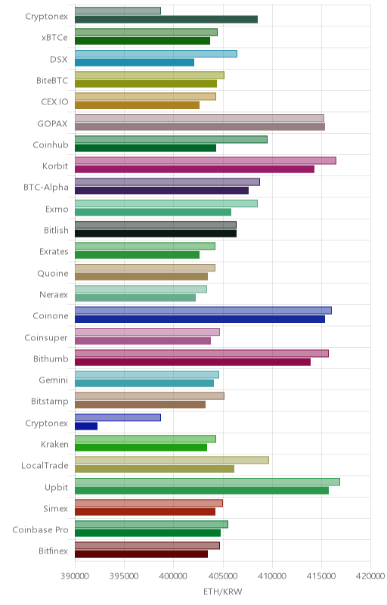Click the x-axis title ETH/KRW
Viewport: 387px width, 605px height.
point(222,591)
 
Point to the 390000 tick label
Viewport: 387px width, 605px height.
point(75,576)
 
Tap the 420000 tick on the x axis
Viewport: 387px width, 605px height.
point(370,576)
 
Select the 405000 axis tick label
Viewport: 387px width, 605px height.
point(223,576)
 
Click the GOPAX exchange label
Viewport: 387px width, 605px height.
point(52,123)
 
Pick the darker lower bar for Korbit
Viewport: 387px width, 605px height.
point(194,169)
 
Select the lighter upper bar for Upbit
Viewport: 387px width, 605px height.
point(207,482)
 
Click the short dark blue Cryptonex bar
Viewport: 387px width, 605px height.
point(86,426)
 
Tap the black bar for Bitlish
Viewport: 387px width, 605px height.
point(156,234)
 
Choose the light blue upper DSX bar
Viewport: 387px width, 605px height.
point(156,54)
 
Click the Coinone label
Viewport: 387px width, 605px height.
point(51,315)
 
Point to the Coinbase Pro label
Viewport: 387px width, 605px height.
point(41,530)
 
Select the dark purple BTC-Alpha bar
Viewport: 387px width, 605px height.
point(162,191)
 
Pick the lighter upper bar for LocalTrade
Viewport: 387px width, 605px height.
point(172,460)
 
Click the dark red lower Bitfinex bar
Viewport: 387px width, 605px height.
point(141,554)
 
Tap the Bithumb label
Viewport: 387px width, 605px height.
point(51,358)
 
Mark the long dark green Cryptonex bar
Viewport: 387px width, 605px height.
point(166,20)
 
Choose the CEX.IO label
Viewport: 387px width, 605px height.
point(54,102)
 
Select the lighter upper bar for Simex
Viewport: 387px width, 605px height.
point(149,503)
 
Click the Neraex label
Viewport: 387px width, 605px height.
point(54,294)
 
